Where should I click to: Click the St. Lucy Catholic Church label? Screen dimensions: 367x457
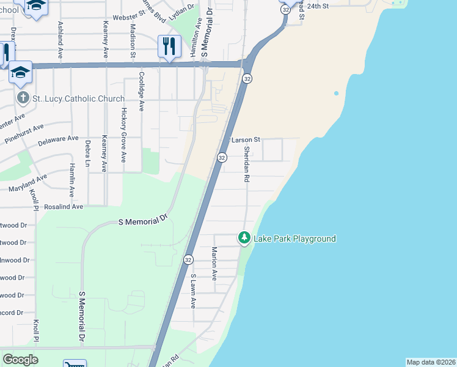(x=78, y=98)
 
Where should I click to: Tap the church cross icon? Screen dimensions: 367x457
(x=22, y=98)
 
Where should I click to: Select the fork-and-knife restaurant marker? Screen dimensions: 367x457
(x=169, y=46)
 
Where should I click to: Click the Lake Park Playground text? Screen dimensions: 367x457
(x=295, y=239)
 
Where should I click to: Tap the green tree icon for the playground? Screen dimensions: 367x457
(x=244, y=237)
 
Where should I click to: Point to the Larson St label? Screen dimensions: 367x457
(x=246, y=140)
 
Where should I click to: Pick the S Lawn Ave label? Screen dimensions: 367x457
(x=193, y=290)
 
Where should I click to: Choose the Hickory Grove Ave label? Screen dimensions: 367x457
(x=123, y=135)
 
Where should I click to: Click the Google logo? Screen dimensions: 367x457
(x=20, y=360)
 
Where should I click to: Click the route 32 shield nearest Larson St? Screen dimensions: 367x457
(x=222, y=158)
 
